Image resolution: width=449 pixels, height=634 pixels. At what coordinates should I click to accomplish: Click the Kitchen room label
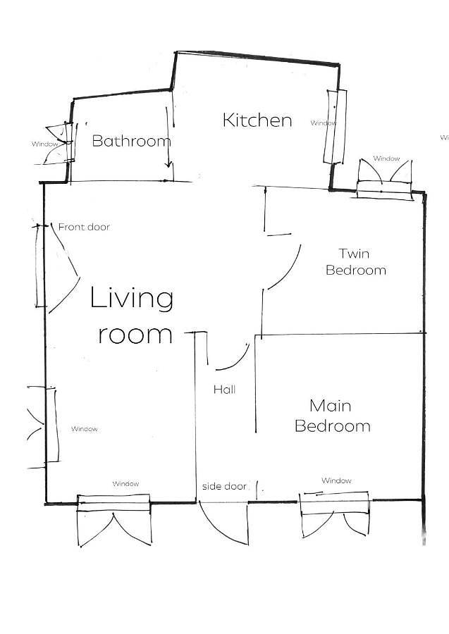(257, 120)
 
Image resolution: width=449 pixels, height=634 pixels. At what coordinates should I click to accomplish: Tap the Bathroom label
(132, 141)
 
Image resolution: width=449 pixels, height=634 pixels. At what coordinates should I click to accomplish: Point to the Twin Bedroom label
(355, 261)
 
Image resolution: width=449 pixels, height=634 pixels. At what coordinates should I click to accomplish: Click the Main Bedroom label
(332, 416)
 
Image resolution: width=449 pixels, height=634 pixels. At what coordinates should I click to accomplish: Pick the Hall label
(224, 390)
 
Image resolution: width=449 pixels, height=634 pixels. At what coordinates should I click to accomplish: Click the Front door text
(84, 227)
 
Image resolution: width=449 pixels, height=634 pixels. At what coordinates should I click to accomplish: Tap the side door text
(224, 486)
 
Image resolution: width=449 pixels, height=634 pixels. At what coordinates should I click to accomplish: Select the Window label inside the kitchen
(323, 123)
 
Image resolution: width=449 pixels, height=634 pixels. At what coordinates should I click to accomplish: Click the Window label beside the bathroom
(44, 144)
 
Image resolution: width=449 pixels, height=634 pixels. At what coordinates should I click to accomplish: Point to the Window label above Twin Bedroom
(386, 158)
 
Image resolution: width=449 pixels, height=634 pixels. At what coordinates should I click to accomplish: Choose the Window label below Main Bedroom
(336, 480)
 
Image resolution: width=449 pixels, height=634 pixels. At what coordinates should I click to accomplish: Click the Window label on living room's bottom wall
(125, 483)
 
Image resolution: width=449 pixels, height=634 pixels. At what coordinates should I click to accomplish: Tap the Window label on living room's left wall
(84, 429)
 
